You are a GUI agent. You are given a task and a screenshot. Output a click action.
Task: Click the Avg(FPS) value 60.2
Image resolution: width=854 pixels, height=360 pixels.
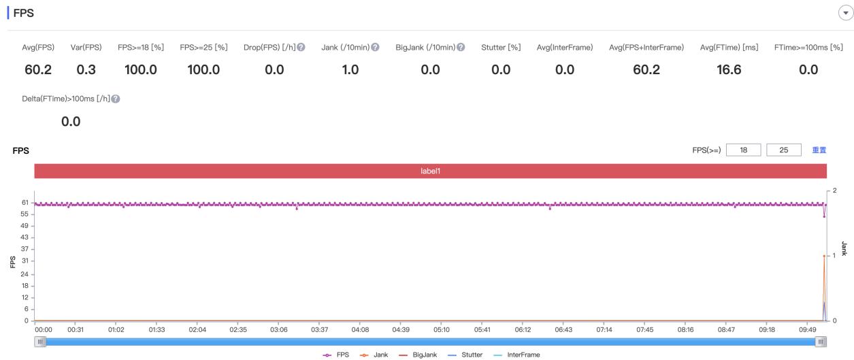coord(37,69)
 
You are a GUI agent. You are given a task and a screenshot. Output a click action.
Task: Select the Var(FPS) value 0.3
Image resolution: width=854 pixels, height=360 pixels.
coord(86,69)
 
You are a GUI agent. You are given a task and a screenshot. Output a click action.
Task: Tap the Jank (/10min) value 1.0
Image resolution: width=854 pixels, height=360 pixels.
coord(350,69)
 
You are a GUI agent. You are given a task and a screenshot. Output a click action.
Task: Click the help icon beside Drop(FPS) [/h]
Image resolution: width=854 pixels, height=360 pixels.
coord(301,47)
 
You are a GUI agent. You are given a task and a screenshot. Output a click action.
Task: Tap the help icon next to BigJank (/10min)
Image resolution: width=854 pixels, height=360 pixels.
coord(461,47)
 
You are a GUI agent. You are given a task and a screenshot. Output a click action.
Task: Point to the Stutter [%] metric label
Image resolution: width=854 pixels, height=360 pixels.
coord(500,47)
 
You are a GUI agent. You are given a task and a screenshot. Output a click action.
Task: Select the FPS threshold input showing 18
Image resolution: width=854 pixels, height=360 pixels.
coord(744,150)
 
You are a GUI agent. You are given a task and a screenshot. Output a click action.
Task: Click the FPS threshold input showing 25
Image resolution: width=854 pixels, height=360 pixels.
coord(783,150)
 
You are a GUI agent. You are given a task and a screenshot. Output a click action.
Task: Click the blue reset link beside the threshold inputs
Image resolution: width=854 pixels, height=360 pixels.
coord(819,150)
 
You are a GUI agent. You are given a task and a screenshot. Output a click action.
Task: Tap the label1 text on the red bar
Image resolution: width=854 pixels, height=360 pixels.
coord(430,171)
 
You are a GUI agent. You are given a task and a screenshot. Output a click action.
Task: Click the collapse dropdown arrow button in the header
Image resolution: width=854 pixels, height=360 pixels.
coord(844,13)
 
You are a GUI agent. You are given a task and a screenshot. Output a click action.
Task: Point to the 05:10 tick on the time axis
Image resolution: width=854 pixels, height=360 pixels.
coord(442,329)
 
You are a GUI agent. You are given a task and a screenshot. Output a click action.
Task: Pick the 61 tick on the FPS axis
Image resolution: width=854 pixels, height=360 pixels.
coord(24,203)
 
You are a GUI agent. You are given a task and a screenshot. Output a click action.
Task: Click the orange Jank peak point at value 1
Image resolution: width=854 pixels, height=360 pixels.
coord(824,256)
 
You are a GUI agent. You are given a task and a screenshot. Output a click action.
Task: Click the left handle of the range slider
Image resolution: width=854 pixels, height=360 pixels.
coord(40,341)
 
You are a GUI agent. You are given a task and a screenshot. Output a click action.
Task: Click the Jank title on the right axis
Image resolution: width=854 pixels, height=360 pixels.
coord(844,248)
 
